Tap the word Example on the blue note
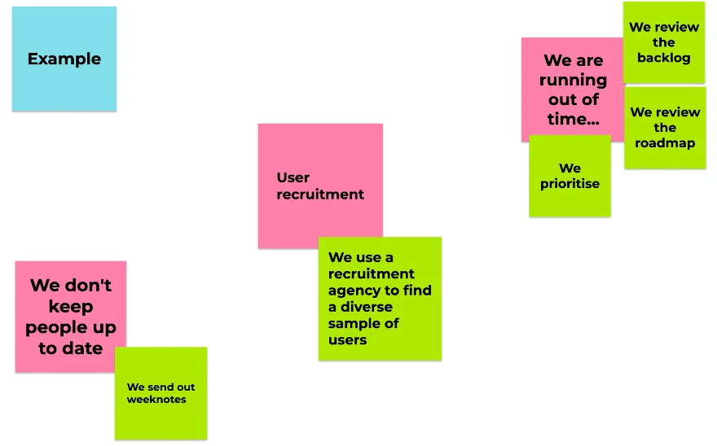coord(64,59)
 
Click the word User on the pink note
coord(293,177)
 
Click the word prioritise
coord(570,184)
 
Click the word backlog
coord(663,58)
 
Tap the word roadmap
coord(665,142)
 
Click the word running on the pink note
coord(573,80)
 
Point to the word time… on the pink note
coord(573,119)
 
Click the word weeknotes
coord(156,400)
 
